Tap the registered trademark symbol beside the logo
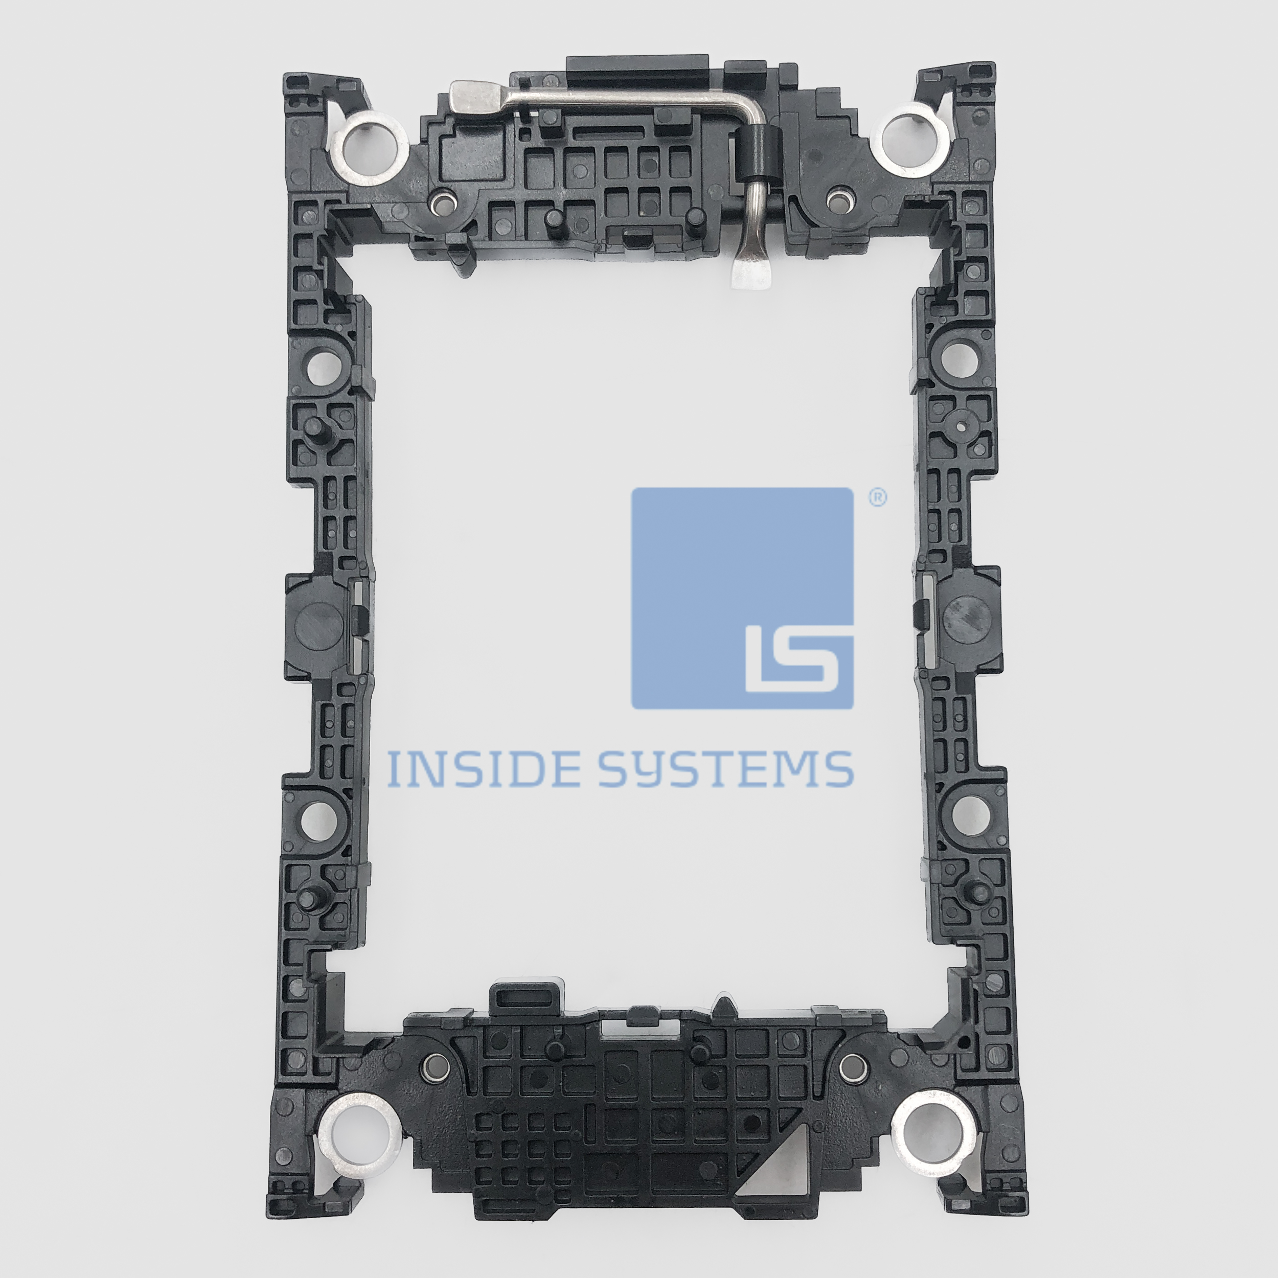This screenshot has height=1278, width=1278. [877, 497]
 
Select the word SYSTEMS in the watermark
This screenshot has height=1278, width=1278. [726, 770]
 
